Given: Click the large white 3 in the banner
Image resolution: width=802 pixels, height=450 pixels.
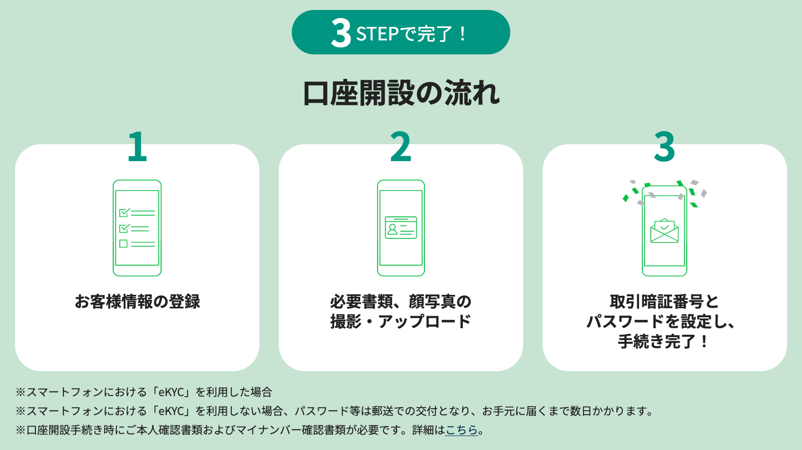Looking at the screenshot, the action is [x=341, y=33].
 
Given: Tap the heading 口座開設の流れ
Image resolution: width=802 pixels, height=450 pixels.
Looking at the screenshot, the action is [x=401, y=93].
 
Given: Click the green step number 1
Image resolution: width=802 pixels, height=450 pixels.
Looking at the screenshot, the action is [x=138, y=146].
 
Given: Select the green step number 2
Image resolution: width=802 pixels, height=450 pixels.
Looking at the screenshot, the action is [x=401, y=146].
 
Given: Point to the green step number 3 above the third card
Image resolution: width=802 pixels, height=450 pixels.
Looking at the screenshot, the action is [x=664, y=146].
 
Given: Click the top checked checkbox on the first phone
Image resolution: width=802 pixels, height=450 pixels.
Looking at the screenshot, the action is [x=124, y=213].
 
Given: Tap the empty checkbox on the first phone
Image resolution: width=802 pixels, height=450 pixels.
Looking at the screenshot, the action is [x=124, y=244].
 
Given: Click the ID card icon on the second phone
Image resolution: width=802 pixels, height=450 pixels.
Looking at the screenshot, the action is [x=401, y=227].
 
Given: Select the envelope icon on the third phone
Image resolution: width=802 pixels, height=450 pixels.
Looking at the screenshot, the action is [x=664, y=231].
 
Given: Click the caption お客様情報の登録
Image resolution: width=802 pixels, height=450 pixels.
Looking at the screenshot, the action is [x=138, y=301].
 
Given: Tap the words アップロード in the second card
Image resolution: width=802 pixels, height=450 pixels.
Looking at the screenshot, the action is [x=424, y=321].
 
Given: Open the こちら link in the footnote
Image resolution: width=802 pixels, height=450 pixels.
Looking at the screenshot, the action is [x=461, y=430].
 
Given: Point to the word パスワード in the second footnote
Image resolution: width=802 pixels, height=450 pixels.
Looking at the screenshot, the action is [x=322, y=411].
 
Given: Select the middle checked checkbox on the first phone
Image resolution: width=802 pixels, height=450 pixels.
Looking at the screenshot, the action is [x=124, y=228].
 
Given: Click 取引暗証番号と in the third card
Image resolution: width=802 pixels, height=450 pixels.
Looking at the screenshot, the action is [x=664, y=301].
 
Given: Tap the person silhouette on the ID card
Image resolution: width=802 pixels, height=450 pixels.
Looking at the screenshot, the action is [x=393, y=229].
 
